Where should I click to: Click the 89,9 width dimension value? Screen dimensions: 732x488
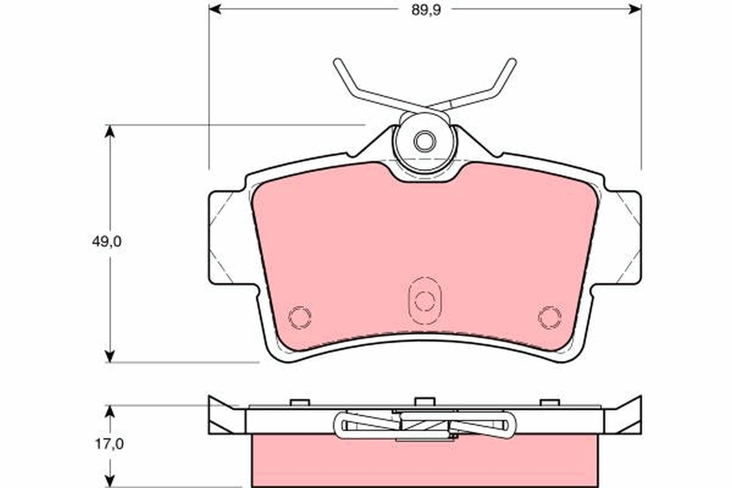[x=426, y=10]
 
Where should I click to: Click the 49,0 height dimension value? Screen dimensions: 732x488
[x=107, y=242]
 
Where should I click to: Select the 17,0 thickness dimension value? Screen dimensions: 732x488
[x=109, y=444]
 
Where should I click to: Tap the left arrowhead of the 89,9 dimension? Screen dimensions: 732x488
[x=215, y=9]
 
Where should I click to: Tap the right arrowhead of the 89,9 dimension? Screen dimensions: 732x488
[x=635, y=9]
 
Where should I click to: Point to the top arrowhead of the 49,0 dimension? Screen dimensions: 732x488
[x=110, y=131]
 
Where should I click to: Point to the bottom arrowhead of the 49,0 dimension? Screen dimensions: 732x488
[x=110, y=356]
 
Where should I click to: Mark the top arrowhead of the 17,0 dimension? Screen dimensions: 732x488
[x=110, y=412]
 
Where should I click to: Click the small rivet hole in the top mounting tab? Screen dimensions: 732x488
[x=425, y=141]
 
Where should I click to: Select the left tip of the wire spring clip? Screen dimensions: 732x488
[x=337, y=62]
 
